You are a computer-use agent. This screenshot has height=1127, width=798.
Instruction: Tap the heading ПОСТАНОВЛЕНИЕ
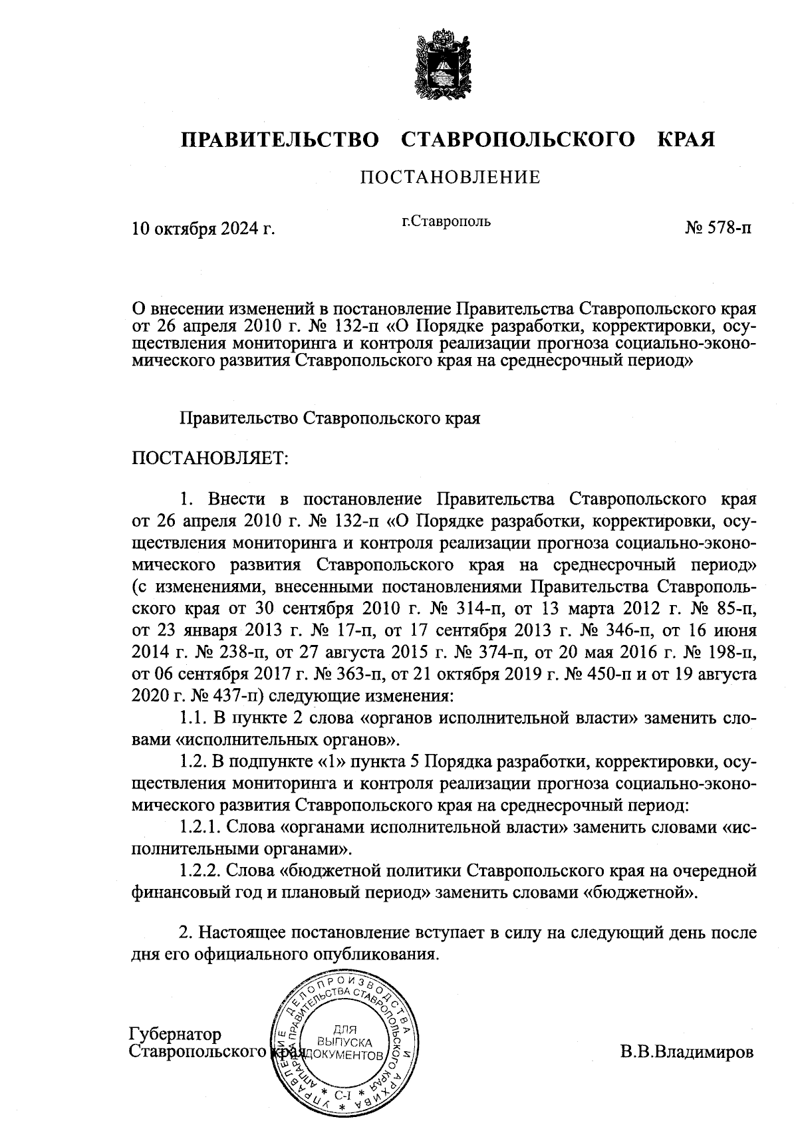point(450,178)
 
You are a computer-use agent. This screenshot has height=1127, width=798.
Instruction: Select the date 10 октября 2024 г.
point(203,229)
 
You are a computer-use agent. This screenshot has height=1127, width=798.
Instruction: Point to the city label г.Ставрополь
point(446,221)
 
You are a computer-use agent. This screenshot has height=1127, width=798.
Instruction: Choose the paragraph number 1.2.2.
point(201,870)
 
